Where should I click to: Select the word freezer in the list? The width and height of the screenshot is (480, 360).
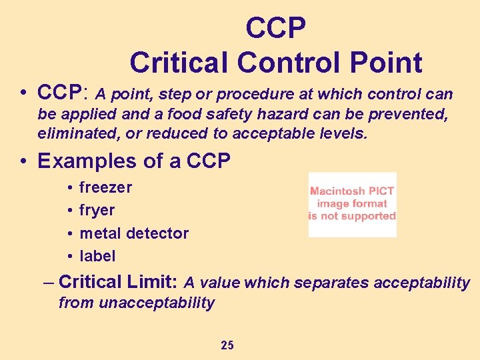pos(105,187)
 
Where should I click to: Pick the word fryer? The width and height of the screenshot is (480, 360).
pos(97,211)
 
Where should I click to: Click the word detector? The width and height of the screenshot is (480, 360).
pos(157,233)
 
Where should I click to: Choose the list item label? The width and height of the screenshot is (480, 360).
pos(97,256)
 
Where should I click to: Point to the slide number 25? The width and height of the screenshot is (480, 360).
pos(227,345)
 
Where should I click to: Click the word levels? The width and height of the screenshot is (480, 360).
pos(343,133)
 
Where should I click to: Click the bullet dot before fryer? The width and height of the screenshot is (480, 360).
pos(69,211)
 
